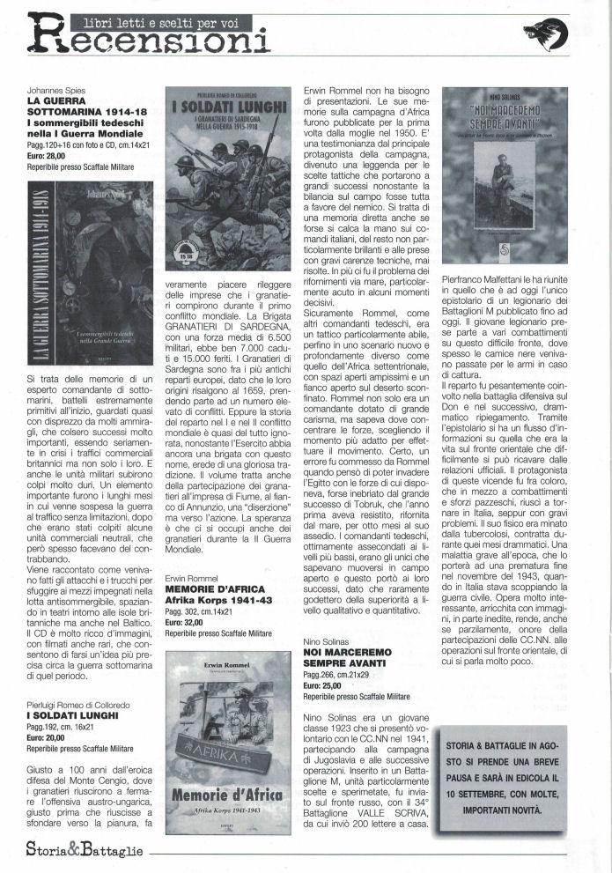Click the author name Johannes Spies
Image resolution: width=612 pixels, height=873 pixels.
click(55, 92)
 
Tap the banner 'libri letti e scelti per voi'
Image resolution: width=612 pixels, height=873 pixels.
click(148, 20)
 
